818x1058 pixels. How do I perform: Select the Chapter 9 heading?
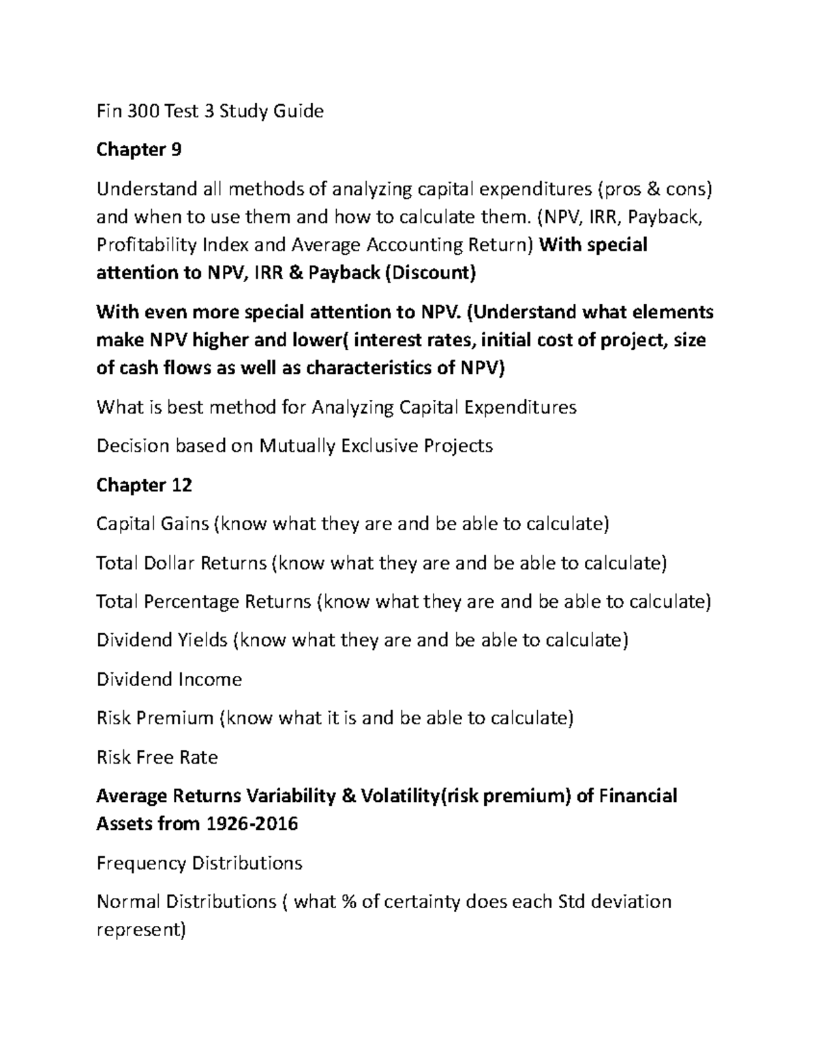tap(139, 149)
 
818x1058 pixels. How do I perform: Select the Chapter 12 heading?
tap(145, 485)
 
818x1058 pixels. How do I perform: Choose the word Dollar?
tap(170, 563)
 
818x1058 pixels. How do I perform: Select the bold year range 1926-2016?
tap(250, 824)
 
